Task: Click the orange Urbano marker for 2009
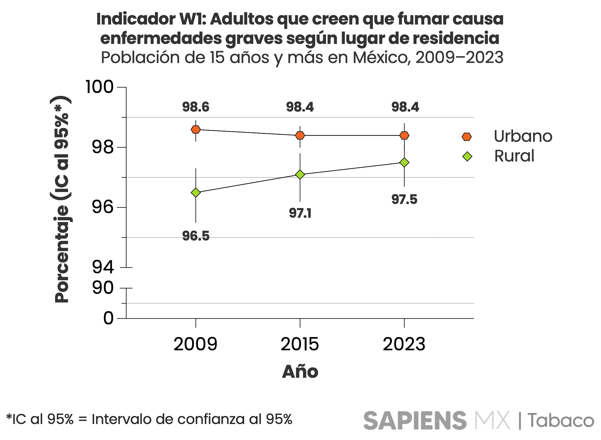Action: pos(196,130)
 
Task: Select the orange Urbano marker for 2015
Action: pos(300,135)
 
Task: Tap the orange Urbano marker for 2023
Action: pos(404,135)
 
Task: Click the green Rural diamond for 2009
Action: pos(196,193)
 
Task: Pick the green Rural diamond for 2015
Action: pos(300,174)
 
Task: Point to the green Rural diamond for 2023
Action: pos(404,162)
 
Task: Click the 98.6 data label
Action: pos(196,107)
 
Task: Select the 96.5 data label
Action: pos(196,236)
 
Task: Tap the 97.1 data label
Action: pos(300,213)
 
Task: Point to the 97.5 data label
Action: pos(404,199)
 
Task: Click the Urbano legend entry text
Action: pos(523,136)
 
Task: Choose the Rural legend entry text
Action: pos(514,156)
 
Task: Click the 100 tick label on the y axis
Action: pos(100,87)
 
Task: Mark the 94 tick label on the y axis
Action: pos(103,267)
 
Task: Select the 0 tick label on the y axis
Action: pos(108,318)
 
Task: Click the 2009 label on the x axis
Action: pos(196,344)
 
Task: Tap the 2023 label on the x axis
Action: pos(404,344)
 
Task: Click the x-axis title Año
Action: pos(300,372)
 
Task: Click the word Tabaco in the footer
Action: pos(561,421)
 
